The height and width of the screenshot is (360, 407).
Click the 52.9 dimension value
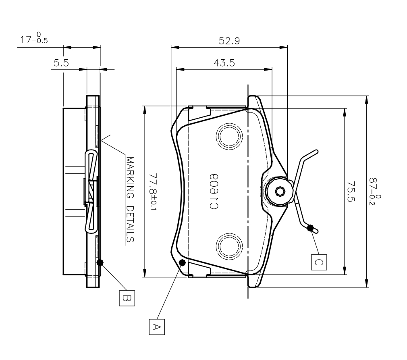(x=228, y=41)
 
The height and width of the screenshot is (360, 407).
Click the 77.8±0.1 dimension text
(x=154, y=191)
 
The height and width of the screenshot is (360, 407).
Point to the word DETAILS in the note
(x=130, y=225)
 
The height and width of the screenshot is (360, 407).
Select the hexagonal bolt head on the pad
(x=279, y=191)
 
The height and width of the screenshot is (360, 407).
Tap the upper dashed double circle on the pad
(x=230, y=137)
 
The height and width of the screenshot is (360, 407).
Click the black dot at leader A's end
(x=182, y=263)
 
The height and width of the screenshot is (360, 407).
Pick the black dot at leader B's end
(x=100, y=262)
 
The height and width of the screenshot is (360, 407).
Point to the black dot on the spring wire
(x=310, y=228)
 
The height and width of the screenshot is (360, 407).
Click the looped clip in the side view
(x=91, y=191)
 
